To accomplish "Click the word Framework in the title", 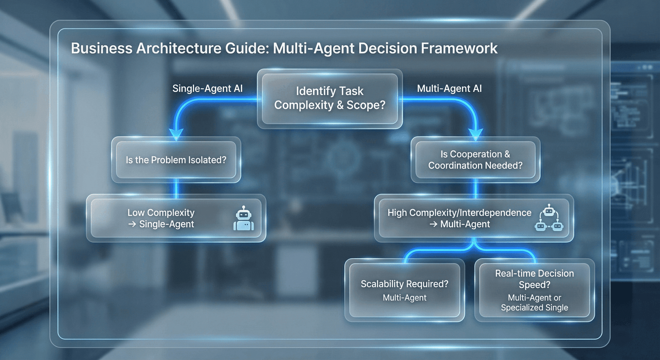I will pos(459,48).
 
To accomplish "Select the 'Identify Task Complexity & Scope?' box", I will pos(330,98).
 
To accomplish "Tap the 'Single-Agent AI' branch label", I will pos(207,89).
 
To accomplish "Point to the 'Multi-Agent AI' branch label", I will pos(449,89).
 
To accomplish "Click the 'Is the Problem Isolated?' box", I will pos(176,160).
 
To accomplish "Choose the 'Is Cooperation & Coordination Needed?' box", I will pos(475,160).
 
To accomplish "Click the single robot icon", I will pos(244,219).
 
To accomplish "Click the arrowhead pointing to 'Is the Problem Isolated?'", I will pos(176,134).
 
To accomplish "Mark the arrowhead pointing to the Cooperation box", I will pos(476,134).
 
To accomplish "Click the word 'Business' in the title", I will pos(101,48).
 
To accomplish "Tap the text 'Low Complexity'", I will pos(161,213).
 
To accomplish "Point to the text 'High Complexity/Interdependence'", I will pos(459,213).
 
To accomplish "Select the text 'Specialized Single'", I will pos(534,308).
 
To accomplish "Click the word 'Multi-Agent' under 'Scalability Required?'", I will pos(405,298).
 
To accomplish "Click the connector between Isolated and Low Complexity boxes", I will pos(176,188).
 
